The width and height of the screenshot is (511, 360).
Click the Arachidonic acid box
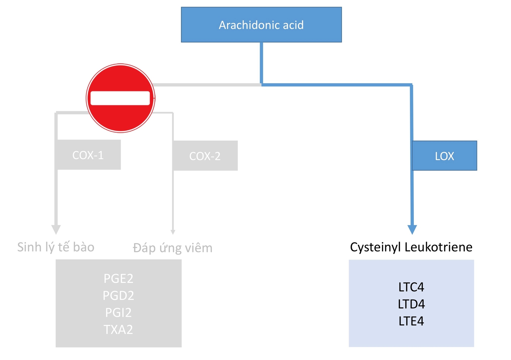click(261, 25)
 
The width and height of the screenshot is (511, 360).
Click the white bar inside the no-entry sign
click(120, 98)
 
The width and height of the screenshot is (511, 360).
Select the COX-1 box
click(88, 155)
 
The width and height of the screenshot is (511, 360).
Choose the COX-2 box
click(205, 156)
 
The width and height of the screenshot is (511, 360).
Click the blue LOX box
click(444, 156)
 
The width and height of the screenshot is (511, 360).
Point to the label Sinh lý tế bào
click(56, 247)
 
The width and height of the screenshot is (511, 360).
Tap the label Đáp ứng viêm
click(173, 248)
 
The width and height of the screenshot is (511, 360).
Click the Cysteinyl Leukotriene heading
click(411, 247)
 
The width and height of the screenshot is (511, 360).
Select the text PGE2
click(118, 279)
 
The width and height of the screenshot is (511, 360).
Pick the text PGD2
click(118, 296)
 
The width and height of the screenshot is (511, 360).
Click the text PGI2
click(118, 312)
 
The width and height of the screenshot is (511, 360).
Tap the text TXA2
click(118, 329)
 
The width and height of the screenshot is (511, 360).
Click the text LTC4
click(411, 287)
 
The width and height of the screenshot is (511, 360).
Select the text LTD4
click(411, 304)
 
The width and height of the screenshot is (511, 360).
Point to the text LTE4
click(411, 321)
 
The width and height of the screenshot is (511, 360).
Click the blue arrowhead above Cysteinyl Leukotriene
click(412, 229)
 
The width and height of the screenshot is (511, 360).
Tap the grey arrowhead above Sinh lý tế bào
click(56, 229)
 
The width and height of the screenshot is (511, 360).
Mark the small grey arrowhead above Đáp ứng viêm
click(173, 232)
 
